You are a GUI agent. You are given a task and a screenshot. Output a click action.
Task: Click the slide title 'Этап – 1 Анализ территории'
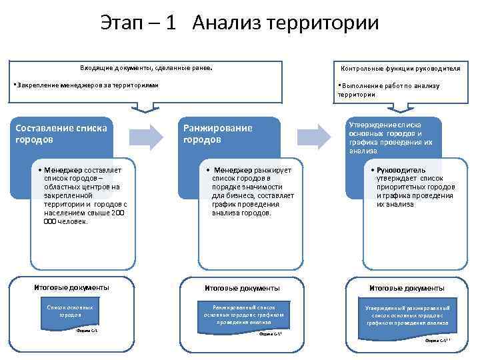click(240, 23)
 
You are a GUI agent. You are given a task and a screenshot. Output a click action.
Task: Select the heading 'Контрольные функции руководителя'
click(400, 69)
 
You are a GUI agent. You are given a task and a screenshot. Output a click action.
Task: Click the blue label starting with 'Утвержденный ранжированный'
click(407, 315)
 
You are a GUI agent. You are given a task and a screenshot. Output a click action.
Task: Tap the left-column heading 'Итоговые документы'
click(71, 287)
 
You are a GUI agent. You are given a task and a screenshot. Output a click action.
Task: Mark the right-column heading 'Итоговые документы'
click(407, 288)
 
